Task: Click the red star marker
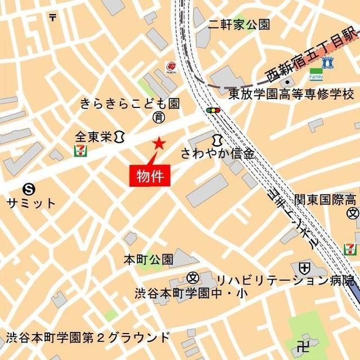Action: click(x=159, y=143)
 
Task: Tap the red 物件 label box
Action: click(x=150, y=175)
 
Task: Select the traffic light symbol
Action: click(x=213, y=111)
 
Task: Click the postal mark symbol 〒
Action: click(x=53, y=17)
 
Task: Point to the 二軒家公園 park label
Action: click(x=238, y=24)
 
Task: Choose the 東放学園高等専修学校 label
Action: click(x=291, y=93)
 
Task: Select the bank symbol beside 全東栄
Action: click(x=119, y=136)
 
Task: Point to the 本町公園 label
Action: click(x=148, y=260)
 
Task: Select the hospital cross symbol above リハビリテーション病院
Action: click(x=304, y=267)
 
